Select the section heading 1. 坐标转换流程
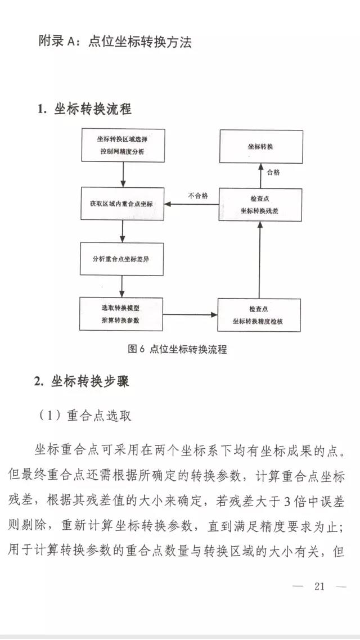(x=84, y=109)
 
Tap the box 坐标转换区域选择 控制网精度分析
(x=123, y=146)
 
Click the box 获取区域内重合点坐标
(x=122, y=204)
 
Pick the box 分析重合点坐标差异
(x=122, y=259)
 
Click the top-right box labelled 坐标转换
(x=260, y=146)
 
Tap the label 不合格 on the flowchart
(x=197, y=196)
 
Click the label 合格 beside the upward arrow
(x=273, y=172)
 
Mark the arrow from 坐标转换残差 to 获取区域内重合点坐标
(x=191, y=204)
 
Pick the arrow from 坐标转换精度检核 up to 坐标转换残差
(x=259, y=259)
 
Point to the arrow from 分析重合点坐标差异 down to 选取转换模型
(x=122, y=286)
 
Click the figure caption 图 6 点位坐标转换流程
(x=177, y=349)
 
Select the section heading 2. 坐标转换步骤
(x=82, y=381)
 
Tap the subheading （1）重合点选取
(x=85, y=415)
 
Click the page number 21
(x=319, y=587)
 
